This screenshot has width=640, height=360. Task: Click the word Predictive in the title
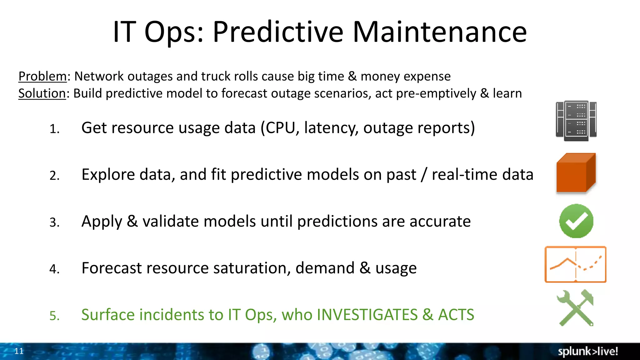click(x=278, y=32)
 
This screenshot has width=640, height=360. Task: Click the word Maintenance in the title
click(x=440, y=32)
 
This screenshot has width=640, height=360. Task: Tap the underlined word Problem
click(x=42, y=76)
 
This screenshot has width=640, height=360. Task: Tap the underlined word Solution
click(x=42, y=93)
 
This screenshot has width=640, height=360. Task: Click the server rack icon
click(x=576, y=121)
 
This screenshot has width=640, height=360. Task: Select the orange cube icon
click(x=576, y=173)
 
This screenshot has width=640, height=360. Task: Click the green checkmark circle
click(x=576, y=221)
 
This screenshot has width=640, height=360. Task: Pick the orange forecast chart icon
click(x=575, y=264)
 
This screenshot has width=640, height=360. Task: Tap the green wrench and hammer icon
click(x=575, y=308)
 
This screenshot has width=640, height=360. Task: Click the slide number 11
click(x=19, y=351)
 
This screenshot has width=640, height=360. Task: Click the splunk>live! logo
click(x=587, y=351)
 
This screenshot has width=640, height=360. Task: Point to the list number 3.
click(x=54, y=222)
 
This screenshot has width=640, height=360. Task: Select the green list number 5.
click(x=54, y=316)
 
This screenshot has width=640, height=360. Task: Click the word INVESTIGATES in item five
click(x=367, y=315)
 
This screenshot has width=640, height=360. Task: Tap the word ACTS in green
click(x=456, y=315)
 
